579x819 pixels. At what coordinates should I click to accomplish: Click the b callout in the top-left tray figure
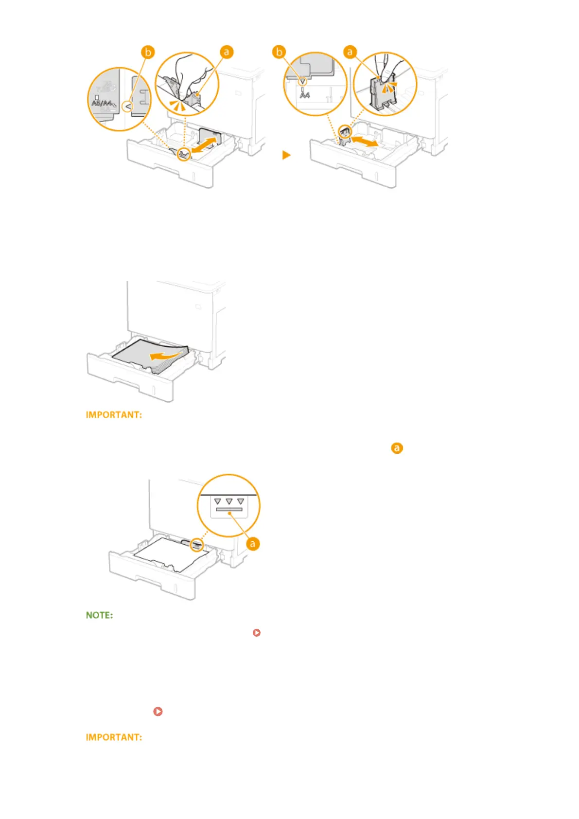click(x=148, y=52)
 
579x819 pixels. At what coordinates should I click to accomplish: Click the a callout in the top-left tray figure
click(x=226, y=52)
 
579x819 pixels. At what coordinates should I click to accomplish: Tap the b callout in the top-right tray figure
click(x=279, y=52)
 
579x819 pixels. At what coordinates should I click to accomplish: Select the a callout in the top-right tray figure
click(x=350, y=52)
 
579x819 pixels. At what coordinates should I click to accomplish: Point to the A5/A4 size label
click(x=104, y=103)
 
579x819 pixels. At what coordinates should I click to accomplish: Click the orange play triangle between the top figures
click(x=286, y=155)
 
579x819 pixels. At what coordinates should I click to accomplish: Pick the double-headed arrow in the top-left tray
click(x=204, y=145)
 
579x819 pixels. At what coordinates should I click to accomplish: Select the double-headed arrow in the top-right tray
click(x=364, y=142)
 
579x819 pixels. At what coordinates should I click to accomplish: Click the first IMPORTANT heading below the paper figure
click(x=114, y=415)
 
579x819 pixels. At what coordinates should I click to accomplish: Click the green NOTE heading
click(x=99, y=615)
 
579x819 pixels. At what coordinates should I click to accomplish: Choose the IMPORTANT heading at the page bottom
click(x=114, y=737)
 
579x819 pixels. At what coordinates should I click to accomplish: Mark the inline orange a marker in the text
click(x=397, y=448)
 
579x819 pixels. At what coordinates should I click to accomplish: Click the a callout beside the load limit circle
click(x=252, y=544)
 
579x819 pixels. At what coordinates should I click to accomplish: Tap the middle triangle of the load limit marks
click(x=229, y=501)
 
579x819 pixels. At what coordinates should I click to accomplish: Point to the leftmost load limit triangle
click(x=217, y=501)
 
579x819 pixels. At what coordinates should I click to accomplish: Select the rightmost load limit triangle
click(x=241, y=501)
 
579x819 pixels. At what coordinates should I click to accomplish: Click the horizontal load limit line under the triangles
click(x=229, y=510)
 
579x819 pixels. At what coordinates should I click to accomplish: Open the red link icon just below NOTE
click(x=257, y=633)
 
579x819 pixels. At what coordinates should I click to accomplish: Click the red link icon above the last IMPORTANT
click(x=158, y=711)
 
